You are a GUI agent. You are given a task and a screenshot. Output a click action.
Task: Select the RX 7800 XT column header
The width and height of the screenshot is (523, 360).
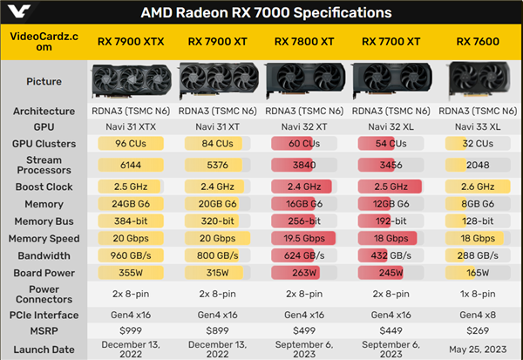click(x=305, y=42)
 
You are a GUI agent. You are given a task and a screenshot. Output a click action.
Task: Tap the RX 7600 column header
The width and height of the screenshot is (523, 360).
click(x=477, y=42)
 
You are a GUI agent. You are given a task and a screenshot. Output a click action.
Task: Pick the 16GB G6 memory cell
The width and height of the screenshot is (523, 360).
click(x=305, y=205)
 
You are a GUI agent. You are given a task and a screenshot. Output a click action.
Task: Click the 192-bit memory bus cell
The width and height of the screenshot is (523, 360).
click(x=391, y=221)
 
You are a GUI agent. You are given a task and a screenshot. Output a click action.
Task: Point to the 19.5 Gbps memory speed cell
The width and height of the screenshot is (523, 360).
click(x=305, y=238)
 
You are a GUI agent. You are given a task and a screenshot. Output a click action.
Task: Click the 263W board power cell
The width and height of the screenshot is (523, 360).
click(x=305, y=271)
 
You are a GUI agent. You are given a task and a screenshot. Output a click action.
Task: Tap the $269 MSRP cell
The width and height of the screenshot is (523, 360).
click(x=477, y=330)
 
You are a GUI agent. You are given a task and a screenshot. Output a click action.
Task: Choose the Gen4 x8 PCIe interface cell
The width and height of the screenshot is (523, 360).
click(x=477, y=314)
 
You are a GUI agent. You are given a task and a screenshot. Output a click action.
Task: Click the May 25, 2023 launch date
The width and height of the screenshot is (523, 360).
click(x=477, y=349)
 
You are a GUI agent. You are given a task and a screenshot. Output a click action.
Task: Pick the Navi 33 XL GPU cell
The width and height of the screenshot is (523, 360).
click(x=477, y=126)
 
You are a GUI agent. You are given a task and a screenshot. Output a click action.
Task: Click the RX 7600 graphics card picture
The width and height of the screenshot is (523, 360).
click(x=477, y=82)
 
